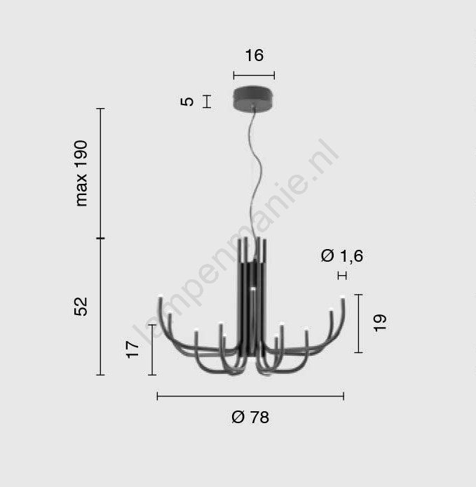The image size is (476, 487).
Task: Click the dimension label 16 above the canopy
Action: [x=254, y=55]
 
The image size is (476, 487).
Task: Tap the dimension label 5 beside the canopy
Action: [x=187, y=102]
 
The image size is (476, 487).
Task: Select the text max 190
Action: [x=81, y=173]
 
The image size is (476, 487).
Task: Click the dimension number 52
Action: [x=81, y=307]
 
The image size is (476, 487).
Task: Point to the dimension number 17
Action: [x=132, y=349]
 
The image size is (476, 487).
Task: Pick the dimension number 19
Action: [x=380, y=323]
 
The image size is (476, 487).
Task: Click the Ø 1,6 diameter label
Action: [x=342, y=256]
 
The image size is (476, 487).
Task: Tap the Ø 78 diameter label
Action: [x=250, y=417]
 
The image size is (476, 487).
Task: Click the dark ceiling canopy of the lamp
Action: [x=254, y=98]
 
